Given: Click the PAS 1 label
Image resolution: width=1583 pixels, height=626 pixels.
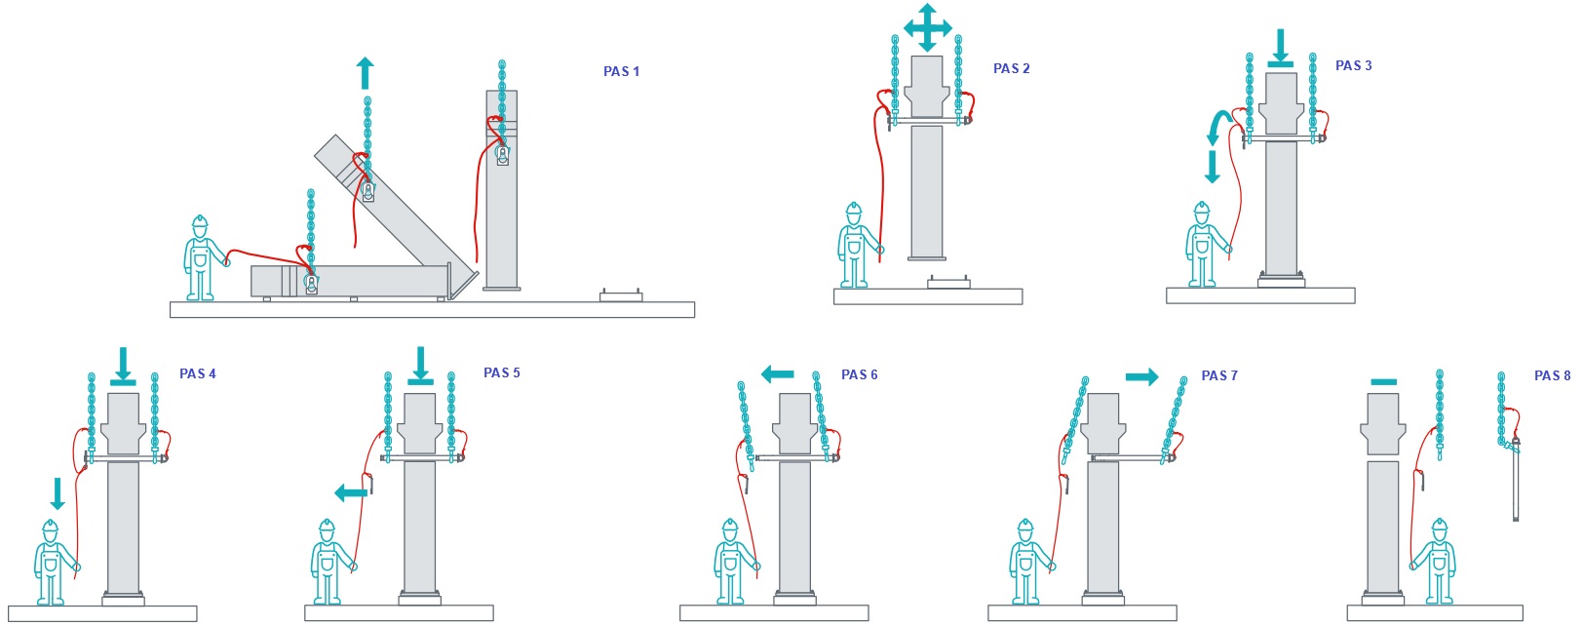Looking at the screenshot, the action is coord(621,71).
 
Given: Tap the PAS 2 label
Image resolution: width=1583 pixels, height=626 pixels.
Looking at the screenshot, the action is coord(1011,68).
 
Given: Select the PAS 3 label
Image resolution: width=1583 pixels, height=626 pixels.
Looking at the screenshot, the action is coord(1353,65).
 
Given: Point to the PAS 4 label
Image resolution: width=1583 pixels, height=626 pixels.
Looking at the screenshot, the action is coord(198,373).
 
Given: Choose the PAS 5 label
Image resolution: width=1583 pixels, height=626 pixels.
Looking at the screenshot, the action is coord(502,373).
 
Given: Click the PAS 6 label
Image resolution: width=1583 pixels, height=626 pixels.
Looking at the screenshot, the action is coord(860,374).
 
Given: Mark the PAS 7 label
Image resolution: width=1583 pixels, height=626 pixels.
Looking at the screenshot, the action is coord(1219,375).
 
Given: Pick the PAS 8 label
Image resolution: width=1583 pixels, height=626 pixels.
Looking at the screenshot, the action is coord(1553,375).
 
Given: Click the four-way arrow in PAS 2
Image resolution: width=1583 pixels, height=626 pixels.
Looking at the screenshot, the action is coord(927,27).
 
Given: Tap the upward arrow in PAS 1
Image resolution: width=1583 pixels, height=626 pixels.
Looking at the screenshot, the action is coord(365,73).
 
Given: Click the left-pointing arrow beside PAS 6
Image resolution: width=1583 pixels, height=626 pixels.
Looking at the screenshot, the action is coord(778,373).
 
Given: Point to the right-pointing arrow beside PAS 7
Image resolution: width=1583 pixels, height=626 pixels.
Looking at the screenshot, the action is coord(1142,377).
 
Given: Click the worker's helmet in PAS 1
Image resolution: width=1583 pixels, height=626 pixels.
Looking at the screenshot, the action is coord(200,222).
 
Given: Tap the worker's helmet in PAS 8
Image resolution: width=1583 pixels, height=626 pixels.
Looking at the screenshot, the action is coord(1440,526).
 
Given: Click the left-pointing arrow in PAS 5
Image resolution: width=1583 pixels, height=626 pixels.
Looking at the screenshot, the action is coord(351,492).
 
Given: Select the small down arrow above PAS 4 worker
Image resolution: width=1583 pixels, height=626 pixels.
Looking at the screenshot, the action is coord(58,493).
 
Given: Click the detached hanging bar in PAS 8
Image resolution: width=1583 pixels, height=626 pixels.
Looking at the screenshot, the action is coord(1515,481).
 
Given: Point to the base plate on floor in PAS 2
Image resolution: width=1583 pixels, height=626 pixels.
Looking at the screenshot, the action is coord(948,282).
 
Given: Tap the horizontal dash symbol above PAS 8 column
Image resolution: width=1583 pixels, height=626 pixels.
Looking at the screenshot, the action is coord(1384,382).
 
